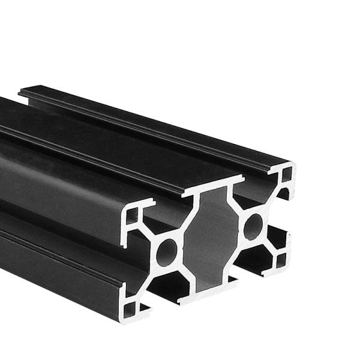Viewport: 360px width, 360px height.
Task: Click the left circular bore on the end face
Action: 167,251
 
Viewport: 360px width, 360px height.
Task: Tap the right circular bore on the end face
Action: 253,226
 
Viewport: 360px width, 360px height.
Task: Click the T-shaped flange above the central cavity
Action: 211,191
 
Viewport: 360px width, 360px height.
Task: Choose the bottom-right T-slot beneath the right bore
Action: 252,264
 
